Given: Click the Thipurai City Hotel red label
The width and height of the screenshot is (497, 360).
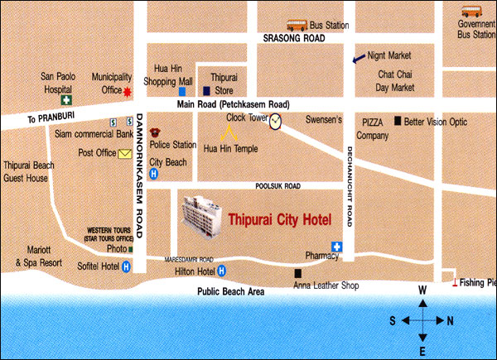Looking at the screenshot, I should (x=279, y=220).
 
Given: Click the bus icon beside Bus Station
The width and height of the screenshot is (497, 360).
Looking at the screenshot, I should (x=297, y=26).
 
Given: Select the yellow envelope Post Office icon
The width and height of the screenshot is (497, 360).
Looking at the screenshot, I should (x=125, y=153).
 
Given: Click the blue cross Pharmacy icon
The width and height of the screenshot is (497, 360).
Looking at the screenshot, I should (x=337, y=247).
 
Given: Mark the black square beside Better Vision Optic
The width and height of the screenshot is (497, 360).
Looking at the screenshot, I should (x=398, y=121).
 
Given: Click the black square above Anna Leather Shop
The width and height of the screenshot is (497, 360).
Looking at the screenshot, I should (x=297, y=273).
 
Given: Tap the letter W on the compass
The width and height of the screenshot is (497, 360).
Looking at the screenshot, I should (x=422, y=290).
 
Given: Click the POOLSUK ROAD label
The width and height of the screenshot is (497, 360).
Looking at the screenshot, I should (x=277, y=187).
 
